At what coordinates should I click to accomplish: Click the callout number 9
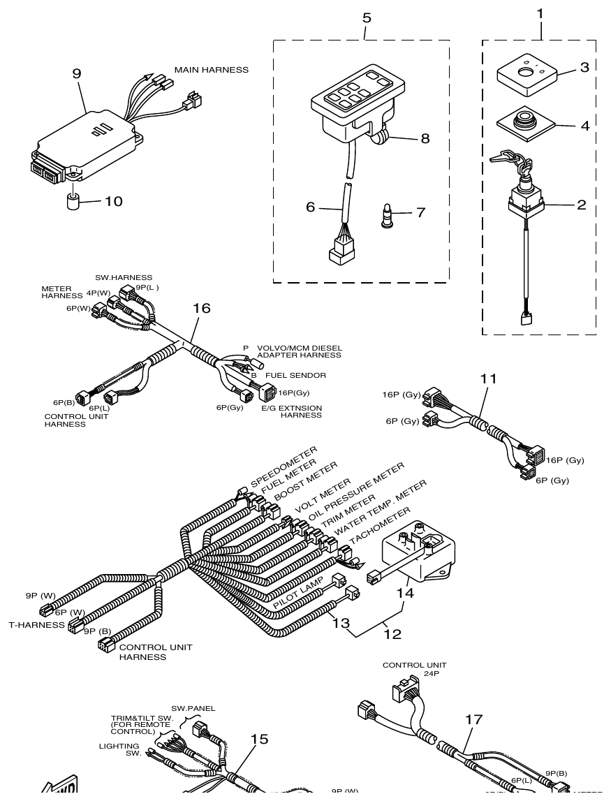pyautogui.click(x=77, y=73)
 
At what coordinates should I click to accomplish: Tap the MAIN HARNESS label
pyautogui.click(x=211, y=70)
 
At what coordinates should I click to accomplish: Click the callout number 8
pyautogui.click(x=425, y=138)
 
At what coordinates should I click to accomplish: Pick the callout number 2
pyautogui.click(x=581, y=206)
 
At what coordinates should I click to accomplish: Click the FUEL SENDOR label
pyautogui.click(x=295, y=375)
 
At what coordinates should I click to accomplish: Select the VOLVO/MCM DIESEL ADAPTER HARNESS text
pyautogui.click(x=299, y=351)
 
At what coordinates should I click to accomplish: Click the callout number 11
pyautogui.click(x=489, y=379)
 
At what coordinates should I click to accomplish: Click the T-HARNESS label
pyautogui.click(x=36, y=625)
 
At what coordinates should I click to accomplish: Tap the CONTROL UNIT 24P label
pyautogui.click(x=414, y=669)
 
